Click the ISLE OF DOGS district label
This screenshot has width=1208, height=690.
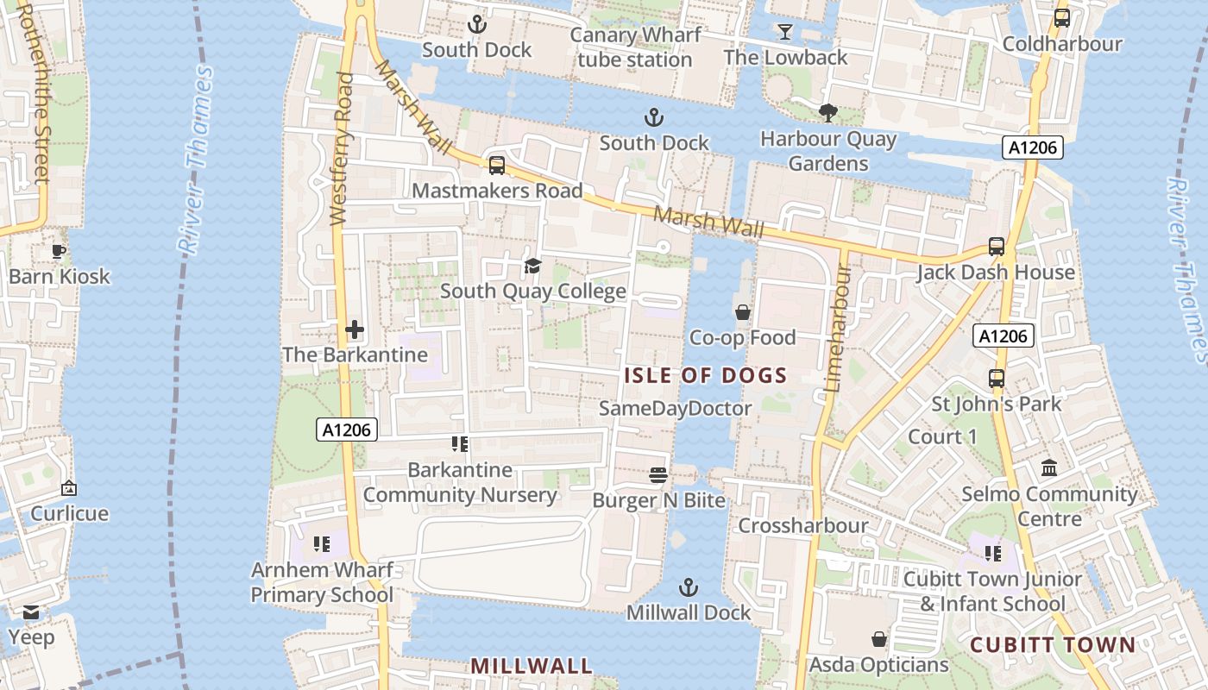click(705, 375)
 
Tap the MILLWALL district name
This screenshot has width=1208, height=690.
click(532, 666)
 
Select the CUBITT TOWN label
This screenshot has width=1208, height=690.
click(1053, 645)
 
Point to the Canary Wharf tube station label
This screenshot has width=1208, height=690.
click(635, 47)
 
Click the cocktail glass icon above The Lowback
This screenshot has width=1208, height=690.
click(784, 32)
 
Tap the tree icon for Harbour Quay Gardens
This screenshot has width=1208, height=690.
click(827, 112)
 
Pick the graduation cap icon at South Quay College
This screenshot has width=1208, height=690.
click(532, 266)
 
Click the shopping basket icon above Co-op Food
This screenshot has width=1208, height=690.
click(742, 312)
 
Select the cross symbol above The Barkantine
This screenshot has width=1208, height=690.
click(355, 329)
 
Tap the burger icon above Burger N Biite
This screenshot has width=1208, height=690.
click(658, 474)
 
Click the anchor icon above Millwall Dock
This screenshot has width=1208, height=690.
click(688, 587)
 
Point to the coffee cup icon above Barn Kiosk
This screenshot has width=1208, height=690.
click(59, 251)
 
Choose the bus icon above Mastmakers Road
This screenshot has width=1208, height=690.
click(497, 165)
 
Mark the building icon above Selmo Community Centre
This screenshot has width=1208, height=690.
click(1049, 468)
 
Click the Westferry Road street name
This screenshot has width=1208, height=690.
click(343, 148)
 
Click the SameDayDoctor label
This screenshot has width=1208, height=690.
click(676, 408)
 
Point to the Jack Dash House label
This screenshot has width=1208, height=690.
click(996, 273)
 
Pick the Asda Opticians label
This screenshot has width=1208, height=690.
click(878, 665)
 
